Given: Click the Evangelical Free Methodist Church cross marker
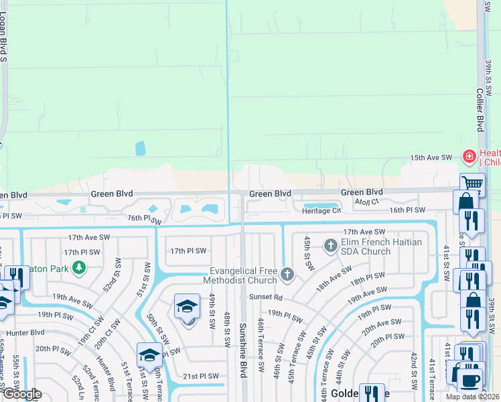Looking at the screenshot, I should click(x=287, y=273).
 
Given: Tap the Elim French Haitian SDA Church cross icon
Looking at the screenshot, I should click(x=330, y=246).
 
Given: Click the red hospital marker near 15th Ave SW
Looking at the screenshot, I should click(x=470, y=157).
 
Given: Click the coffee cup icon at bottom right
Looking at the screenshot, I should click(x=470, y=381).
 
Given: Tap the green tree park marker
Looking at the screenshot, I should click(x=79, y=268).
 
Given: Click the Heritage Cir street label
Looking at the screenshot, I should click(x=321, y=210).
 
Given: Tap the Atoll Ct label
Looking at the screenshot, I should click(x=367, y=201).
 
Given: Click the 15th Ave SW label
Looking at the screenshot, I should click(x=431, y=157).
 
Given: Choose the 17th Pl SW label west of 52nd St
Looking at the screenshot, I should click(x=82, y=252).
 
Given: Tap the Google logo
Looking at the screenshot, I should click(x=22, y=394).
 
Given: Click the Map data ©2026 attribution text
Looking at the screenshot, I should click(x=473, y=397).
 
